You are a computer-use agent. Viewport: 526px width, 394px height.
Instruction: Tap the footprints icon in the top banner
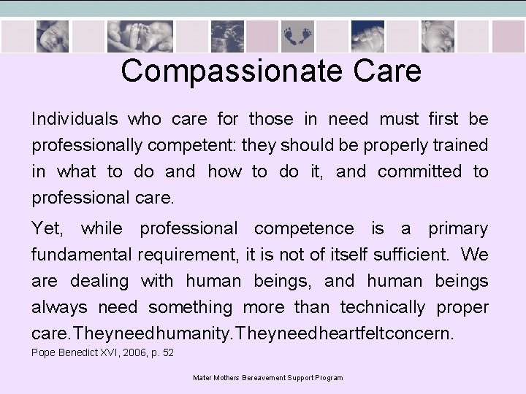point(297,34)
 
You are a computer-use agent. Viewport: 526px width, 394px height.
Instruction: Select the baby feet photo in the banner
point(140,36)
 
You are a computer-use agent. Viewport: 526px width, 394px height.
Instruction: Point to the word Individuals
point(74,119)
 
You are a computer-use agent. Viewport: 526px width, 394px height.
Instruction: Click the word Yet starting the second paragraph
point(47,228)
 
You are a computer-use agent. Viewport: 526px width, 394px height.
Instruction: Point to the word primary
point(457,228)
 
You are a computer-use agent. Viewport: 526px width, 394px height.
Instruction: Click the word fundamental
point(81,255)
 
